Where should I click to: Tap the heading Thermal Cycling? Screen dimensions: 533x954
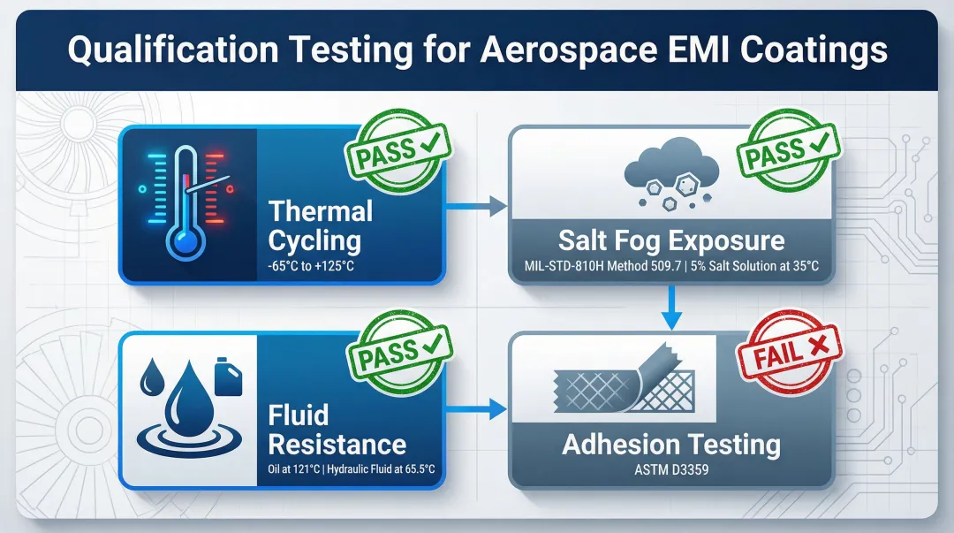(319, 225)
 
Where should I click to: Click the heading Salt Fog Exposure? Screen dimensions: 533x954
(671, 240)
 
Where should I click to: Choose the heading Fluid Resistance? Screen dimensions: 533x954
(337, 430)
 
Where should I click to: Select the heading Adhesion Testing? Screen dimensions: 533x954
(671, 444)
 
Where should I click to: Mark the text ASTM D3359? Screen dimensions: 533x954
(671, 470)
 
